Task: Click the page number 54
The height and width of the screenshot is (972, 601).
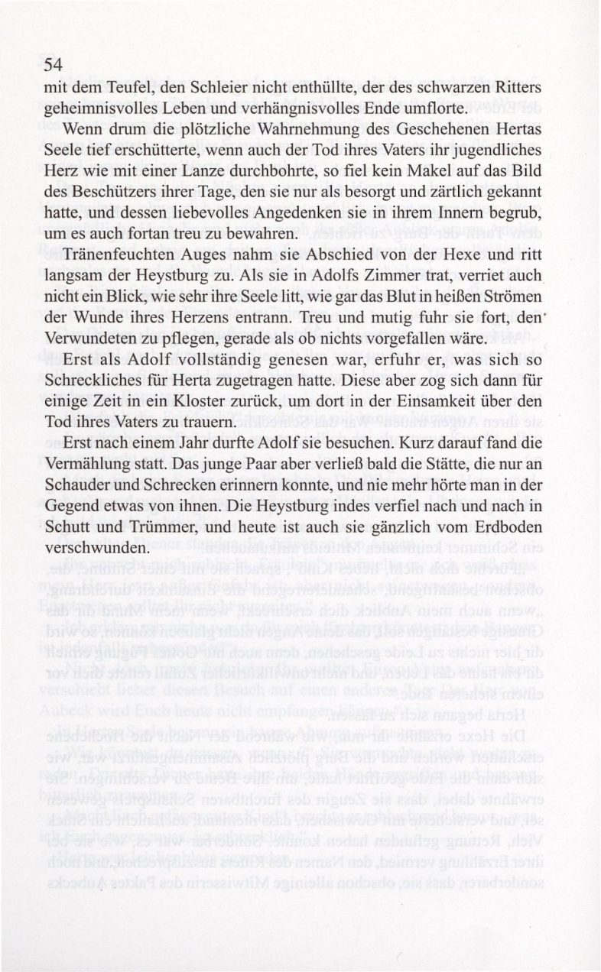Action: (x=52, y=66)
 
